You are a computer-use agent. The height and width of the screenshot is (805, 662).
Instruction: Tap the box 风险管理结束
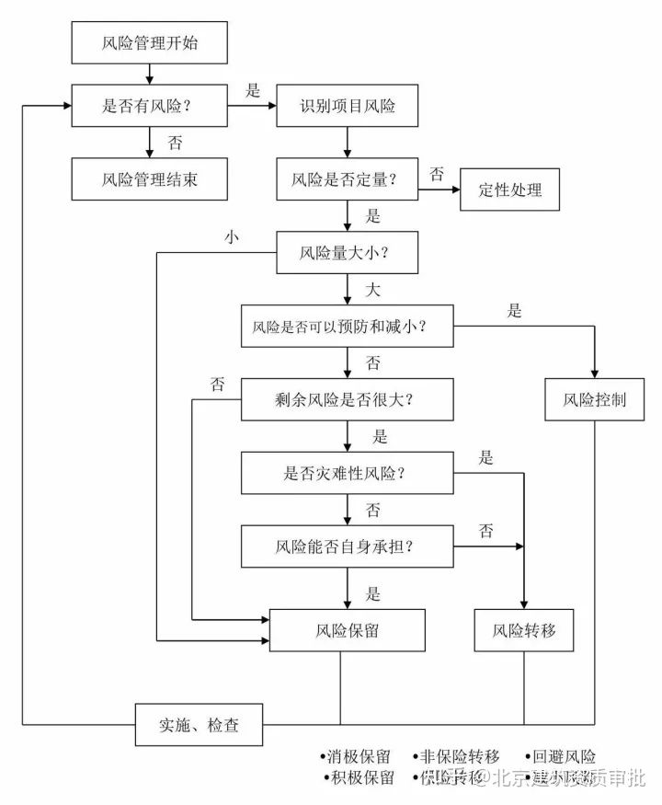click(148, 178)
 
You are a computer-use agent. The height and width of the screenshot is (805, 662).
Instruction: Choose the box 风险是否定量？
click(348, 178)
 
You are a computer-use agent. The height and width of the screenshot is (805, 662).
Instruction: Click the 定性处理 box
click(510, 190)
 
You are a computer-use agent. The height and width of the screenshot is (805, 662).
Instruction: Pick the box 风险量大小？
click(348, 251)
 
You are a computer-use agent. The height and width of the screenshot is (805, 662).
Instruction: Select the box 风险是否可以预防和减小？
click(348, 326)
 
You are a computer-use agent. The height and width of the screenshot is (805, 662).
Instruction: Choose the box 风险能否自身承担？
click(348, 546)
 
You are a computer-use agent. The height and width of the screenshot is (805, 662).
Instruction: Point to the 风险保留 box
click(348, 631)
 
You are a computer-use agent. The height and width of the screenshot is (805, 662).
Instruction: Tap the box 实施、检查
click(200, 725)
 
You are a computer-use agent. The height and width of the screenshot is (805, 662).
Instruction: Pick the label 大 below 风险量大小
click(372, 290)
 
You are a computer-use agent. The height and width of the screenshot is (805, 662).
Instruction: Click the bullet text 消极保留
click(357, 757)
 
